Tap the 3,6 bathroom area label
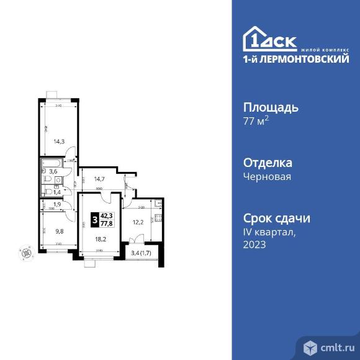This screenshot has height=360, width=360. coord(54,171)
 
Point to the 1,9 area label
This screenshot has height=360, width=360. coord(56,204)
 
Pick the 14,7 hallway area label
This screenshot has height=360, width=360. coord(100,181)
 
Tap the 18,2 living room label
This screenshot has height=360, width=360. coord(101,237)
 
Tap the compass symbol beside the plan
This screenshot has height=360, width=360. coord(26,252)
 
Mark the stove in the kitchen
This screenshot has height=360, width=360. coord(158,218)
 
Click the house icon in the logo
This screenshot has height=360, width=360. coord(256,38)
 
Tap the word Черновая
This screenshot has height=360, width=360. coord(267,176)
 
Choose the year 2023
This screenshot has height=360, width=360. coord(254,245)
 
